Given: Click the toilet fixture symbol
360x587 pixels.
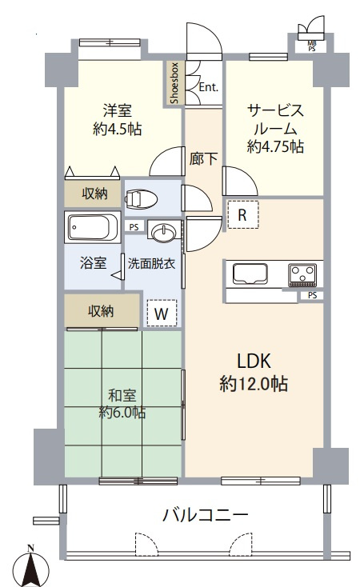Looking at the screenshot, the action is point(142,198).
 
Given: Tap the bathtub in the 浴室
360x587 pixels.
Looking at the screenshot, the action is point(92,228).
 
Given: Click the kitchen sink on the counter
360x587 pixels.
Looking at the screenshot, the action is point(250,274).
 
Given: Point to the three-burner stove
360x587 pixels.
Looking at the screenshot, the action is point(302,275).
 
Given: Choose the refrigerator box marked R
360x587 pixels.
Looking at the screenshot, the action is point(242,214).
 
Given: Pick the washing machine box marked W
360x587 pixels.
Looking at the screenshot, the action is point(162,313).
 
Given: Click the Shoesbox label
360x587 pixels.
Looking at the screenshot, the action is point(174,83).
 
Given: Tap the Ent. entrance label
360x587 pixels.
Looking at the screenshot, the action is point(208,87).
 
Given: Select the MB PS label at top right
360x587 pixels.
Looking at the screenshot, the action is point(312,46).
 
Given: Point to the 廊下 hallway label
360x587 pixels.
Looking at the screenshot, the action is point(203,158).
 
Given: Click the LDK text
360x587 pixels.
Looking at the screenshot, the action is point(254,361).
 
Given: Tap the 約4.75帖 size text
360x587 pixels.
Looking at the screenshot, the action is point(275,146).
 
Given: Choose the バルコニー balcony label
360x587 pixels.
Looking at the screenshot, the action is point(206,515).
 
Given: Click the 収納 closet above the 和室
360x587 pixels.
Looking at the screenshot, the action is point(101,311).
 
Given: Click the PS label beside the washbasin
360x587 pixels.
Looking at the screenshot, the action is point(134,227).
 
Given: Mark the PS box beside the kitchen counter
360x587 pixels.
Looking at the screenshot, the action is point(313,295).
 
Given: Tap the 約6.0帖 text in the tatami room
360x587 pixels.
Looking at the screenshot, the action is point(122,412).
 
